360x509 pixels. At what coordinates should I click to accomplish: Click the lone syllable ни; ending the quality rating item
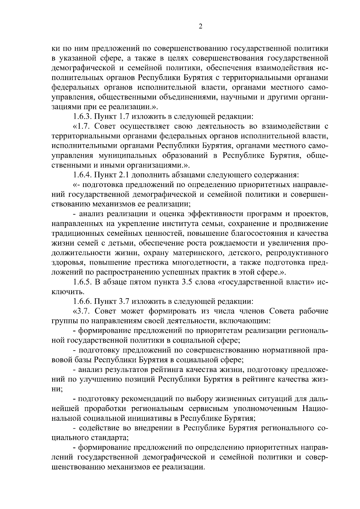click(x=57, y=389)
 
